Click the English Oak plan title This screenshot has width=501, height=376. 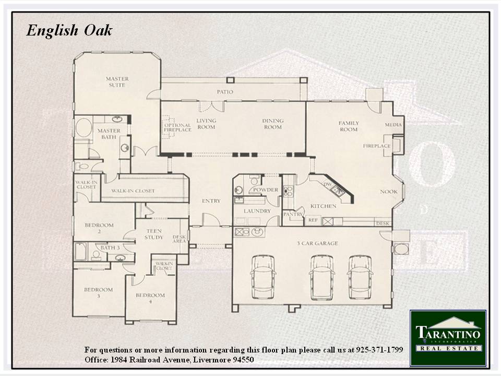[69, 31]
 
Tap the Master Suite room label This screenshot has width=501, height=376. [117, 82]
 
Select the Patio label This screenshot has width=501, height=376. [225, 92]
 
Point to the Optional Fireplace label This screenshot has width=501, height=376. [177, 127]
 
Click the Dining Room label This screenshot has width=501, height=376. [273, 124]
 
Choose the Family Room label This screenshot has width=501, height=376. [349, 126]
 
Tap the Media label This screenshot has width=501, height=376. [393, 125]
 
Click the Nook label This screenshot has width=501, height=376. [389, 192]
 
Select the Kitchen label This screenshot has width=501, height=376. [324, 206]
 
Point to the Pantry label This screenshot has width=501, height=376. [293, 214]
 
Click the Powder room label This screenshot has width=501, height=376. [266, 190]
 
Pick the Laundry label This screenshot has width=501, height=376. [257, 211]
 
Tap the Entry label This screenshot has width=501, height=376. [211, 201]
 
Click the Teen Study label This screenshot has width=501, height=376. [154, 234]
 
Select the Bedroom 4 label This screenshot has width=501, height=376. [150, 298]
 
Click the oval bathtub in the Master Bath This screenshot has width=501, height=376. [83, 127]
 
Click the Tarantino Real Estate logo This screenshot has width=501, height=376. [448, 338]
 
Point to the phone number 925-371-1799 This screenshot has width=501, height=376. [379, 349]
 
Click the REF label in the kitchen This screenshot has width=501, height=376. [313, 220]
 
